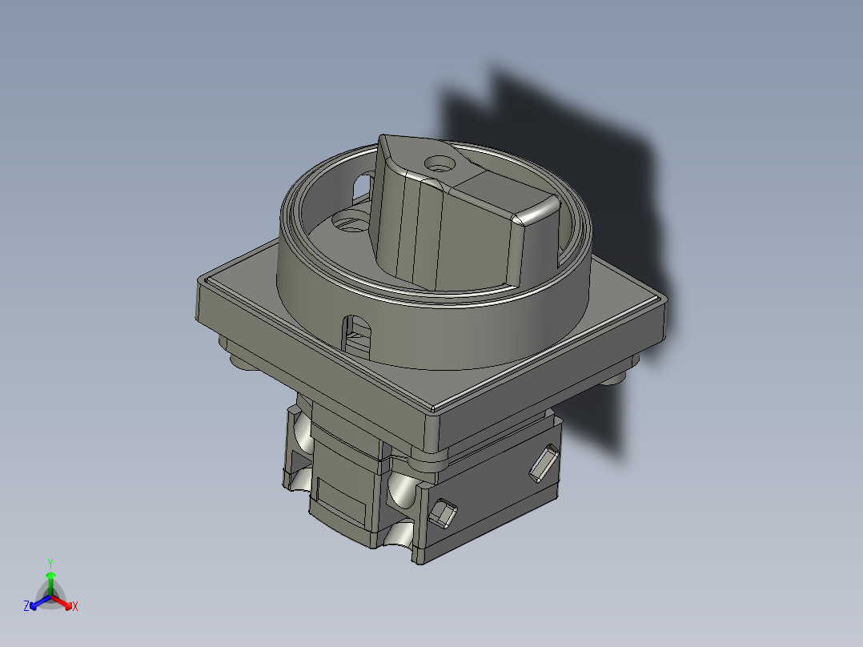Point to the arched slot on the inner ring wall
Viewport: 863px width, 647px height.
tap(362, 187)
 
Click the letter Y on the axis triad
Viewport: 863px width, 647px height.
tap(50, 562)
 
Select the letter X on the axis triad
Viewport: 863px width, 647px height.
tap(75, 606)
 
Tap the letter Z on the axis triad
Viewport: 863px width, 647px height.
tap(26, 606)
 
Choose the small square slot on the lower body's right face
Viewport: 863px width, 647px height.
tap(442, 512)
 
